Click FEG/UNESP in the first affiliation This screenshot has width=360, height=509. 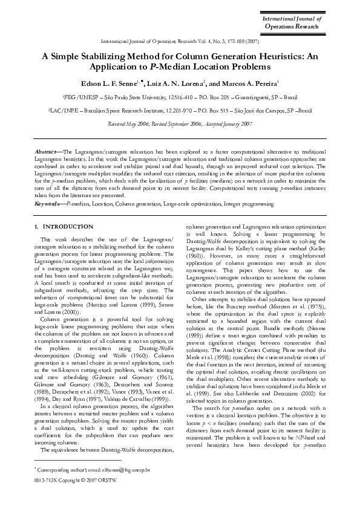(x=79, y=97)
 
